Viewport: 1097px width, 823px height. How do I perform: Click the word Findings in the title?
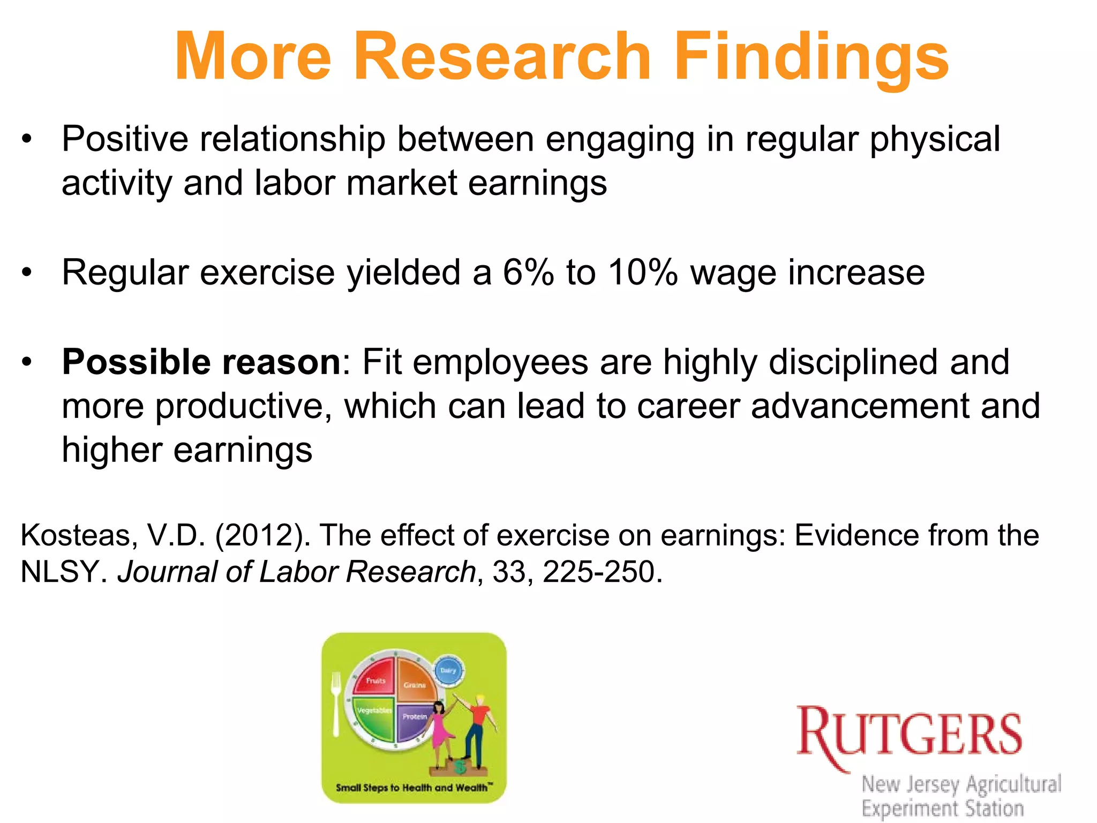pyautogui.click(x=812, y=56)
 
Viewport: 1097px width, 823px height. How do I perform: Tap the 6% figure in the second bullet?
pyautogui.click(x=528, y=272)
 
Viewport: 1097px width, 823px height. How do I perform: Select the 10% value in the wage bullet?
pyautogui.click(x=643, y=272)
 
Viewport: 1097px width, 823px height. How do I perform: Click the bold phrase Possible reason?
pyautogui.click(x=201, y=362)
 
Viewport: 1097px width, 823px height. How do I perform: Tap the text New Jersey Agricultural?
pyautogui.click(x=961, y=784)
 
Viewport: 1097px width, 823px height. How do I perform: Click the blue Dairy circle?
pyautogui.click(x=448, y=670)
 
